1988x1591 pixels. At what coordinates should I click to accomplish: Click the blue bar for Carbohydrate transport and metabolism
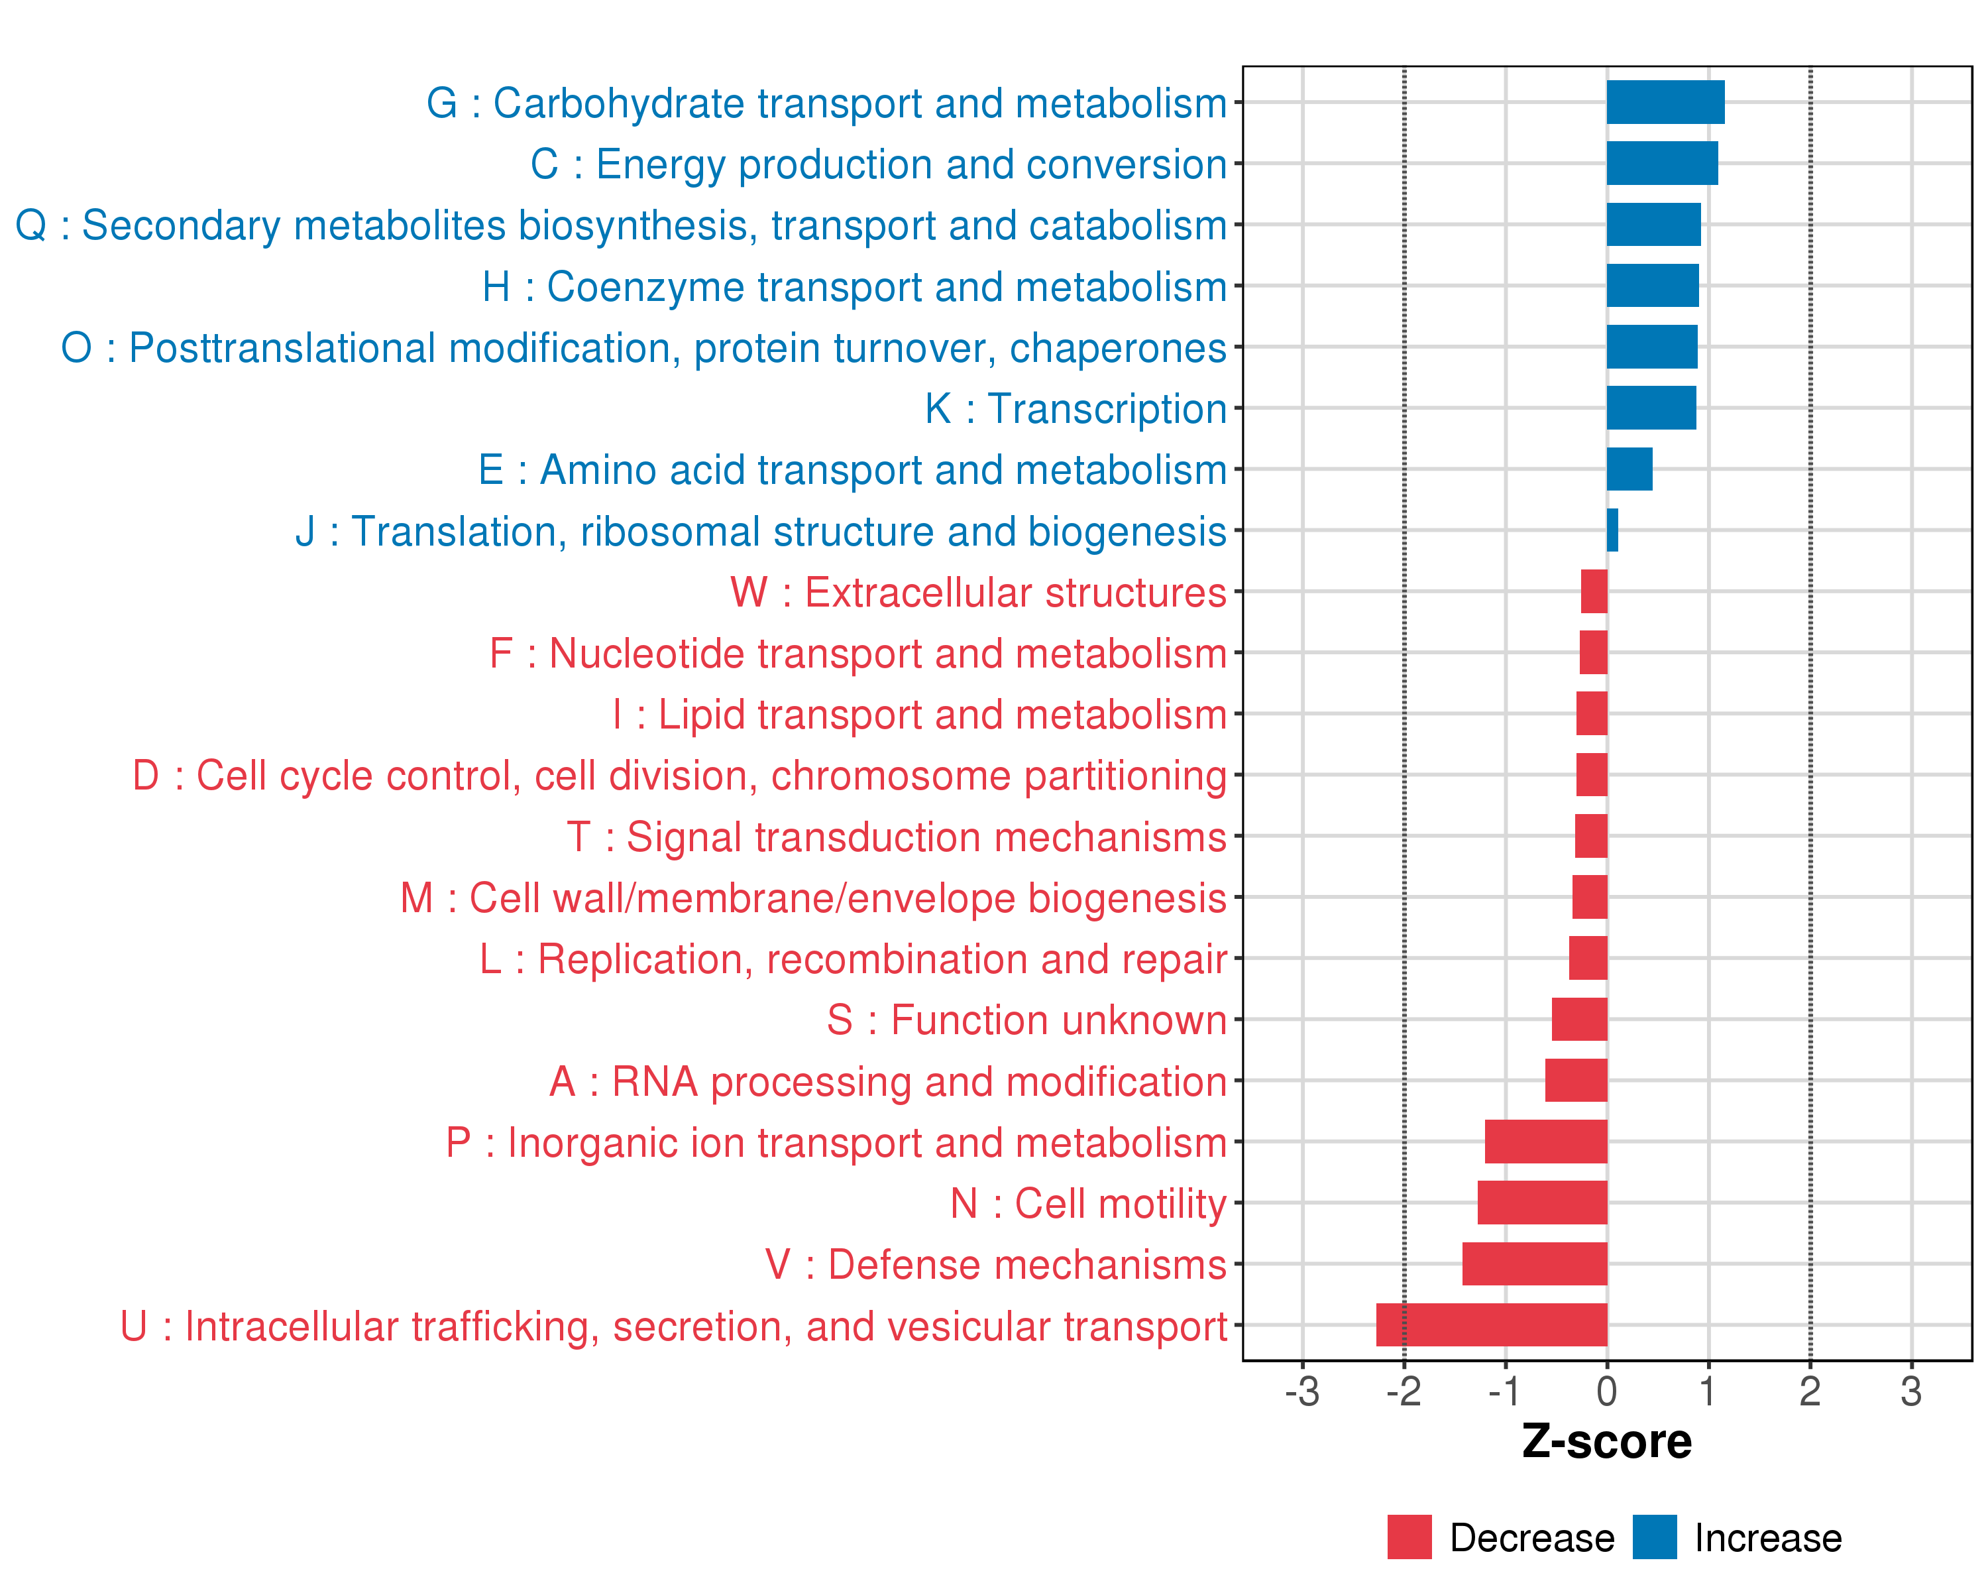click(x=1665, y=102)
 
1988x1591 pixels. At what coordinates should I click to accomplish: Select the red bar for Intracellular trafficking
click(x=1491, y=1325)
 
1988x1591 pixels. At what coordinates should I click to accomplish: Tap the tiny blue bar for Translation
click(x=1612, y=530)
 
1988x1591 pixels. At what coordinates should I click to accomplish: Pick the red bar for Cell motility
click(x=1542, y=1203)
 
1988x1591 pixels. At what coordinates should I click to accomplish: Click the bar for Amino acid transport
click(x=1629, y=469)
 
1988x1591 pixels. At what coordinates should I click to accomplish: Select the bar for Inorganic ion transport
click(x=1545, y=1142)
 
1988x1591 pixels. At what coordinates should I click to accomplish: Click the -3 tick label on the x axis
click(x=1302, y=1391)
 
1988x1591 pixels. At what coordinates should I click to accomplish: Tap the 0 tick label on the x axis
click(x=1607, y=1391)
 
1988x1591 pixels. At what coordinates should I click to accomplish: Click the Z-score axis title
click(x=1606, y=1442)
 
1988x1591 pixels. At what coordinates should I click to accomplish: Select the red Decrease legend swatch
click(x=1409, y=1537)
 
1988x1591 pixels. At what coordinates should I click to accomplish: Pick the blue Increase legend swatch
click(x=1654, y=1537)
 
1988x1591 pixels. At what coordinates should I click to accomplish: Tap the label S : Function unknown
click(x=1026, y=1020)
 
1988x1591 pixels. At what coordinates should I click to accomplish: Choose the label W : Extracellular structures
click(x=978, y=592)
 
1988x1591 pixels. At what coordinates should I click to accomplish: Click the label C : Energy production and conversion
click(x=879, y=164)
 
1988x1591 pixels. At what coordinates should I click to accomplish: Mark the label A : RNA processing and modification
click(x=888, y=1081)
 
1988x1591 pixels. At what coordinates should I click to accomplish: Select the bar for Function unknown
click(x=1580, y=1019)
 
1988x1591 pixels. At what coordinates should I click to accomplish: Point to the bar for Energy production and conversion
click(x=1661, y=163)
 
